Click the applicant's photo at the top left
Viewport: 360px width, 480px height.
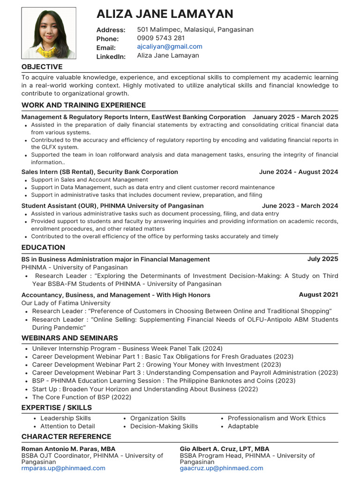click(x=42, y=33)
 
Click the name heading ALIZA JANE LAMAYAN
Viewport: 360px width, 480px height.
click(x=165, y=14)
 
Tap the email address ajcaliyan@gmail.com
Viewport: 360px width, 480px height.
click(x=170, y=46)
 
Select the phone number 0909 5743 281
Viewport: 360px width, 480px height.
click(x=161, y=38)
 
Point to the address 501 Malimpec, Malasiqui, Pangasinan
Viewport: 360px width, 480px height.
click(x=195, y=30)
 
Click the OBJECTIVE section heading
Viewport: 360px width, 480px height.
click(x=42, y=67)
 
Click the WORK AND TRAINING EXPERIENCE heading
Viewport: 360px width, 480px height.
click(x=83, y=105)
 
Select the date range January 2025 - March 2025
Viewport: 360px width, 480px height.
click(x=295, y=117)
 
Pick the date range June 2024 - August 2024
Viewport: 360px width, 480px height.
click(x=298, y=172)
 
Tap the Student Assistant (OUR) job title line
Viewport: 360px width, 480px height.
click(x=112, y=206)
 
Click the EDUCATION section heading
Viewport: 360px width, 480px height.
click(x=43, y=247)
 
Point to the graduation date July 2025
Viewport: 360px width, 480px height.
click(x=322, y=259)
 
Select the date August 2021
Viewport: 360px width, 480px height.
click(x=318, y=295)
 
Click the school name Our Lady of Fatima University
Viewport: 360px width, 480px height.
click(x=66, y=303)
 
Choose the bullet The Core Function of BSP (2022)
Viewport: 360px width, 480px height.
click(x=82, y=397)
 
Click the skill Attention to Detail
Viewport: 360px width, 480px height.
click(x=67, y=426)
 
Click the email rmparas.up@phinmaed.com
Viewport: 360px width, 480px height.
click(x=63, y=468)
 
